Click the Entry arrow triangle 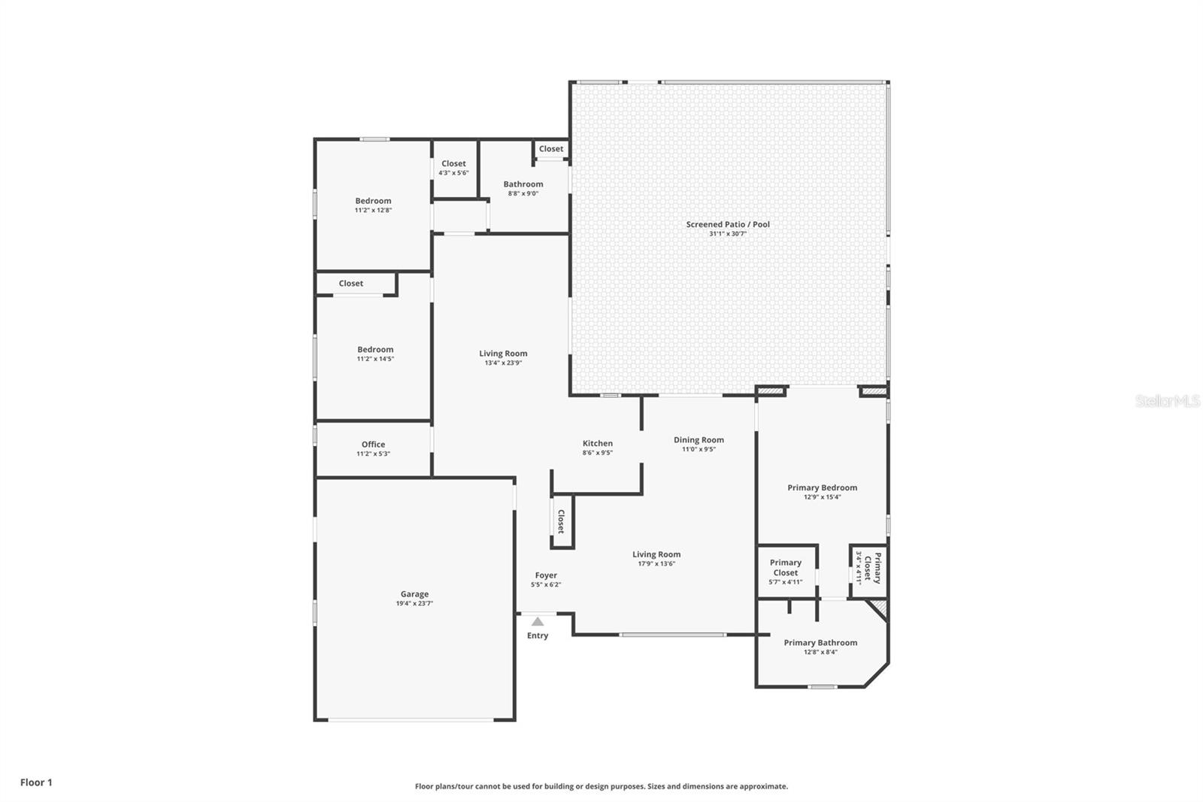538,621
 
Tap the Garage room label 414,594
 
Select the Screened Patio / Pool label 728,224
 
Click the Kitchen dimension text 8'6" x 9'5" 598,453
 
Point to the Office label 373,444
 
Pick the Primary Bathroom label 820,643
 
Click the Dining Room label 698,439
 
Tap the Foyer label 546,575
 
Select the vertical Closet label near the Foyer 561,521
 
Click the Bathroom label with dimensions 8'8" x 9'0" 523,184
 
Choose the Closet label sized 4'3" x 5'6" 453,163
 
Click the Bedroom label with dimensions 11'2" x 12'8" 373,201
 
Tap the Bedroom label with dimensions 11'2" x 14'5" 375,349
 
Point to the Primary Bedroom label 822,488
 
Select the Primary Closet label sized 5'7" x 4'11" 786,567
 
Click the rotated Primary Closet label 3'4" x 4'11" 872,567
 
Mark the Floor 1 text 36,782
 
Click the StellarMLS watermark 1167,402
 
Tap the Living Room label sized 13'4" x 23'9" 503,353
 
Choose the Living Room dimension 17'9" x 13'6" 656,564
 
